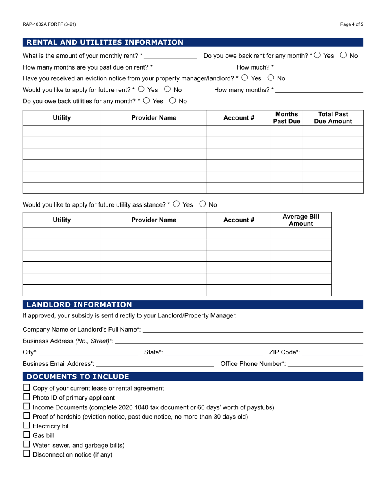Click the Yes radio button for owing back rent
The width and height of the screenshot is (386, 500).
pos(317,55)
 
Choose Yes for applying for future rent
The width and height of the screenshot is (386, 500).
pos(141,89)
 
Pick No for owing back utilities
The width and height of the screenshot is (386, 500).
pos(172,101)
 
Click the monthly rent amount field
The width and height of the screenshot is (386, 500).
pos(170,56)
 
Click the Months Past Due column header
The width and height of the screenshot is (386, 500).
pos(286,117)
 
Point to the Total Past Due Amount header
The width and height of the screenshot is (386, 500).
pos(333,117)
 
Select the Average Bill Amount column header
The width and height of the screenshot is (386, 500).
pos(301,220)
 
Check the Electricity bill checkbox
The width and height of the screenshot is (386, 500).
pos(27,426)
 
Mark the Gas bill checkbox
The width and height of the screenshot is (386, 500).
pos(27,435)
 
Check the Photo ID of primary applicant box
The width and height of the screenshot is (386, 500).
pos(27,397)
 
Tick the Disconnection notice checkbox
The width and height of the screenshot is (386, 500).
pos(27,454)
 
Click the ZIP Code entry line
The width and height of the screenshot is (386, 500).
pos(333,352)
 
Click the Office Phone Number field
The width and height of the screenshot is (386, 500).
pos(325,363)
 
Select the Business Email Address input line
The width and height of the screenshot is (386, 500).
pos(155,363)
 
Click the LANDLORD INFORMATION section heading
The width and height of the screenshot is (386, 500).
pos(79,305)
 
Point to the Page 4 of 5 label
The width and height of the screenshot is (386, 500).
pos(352,24)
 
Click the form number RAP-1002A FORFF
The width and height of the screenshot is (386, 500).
pos(49,24)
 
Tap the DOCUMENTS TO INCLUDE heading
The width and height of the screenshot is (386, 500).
pos(78,376)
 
